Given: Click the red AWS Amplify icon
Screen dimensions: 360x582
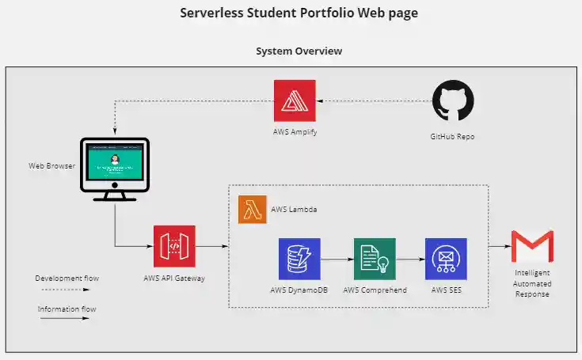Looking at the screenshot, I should (295, 100).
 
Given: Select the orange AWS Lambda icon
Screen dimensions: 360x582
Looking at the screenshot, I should (252, 210).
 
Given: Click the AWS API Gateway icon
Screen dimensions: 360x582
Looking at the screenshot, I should (174, 247).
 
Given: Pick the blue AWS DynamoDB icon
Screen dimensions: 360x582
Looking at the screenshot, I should (299, 259).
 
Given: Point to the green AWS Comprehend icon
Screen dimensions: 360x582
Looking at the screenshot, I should (375, 259).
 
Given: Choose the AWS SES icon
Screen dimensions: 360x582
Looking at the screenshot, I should (446, 259).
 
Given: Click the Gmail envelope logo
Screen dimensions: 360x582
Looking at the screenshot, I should (532, 247).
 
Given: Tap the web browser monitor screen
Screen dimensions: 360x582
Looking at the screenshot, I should (115, 161).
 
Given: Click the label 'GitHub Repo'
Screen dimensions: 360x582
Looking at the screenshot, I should (454, 136).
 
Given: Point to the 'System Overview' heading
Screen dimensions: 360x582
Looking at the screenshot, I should (299, 51).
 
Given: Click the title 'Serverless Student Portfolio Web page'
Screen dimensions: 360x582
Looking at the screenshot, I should (299, 13).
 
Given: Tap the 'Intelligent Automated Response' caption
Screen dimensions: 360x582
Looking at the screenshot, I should (532, 283).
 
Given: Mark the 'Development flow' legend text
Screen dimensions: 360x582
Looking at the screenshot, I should (67, 278).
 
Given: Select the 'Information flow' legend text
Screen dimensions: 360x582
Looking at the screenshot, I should (67, 309).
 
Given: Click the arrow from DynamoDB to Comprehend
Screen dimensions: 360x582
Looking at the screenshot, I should (337, 259).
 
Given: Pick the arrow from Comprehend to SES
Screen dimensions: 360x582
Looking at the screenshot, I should (410, 259).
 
